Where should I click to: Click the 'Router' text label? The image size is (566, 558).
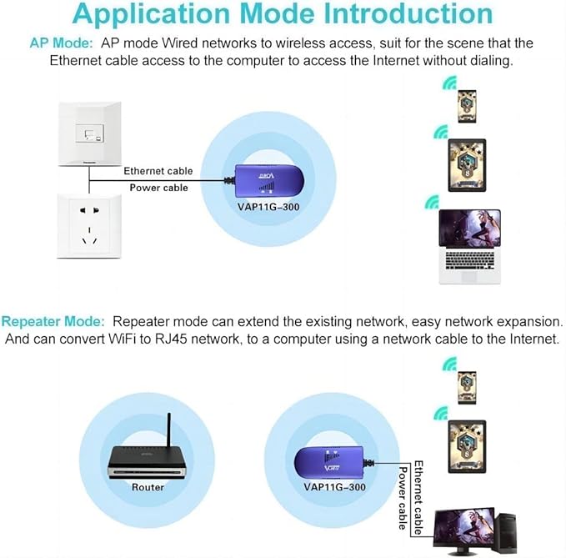[x=148, y=486]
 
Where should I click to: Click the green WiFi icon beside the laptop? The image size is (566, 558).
[x=431, y=202]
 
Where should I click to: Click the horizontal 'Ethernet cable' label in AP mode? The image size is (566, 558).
[x=158, y=171]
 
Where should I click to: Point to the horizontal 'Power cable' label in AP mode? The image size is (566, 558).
[x=158, y=188]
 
